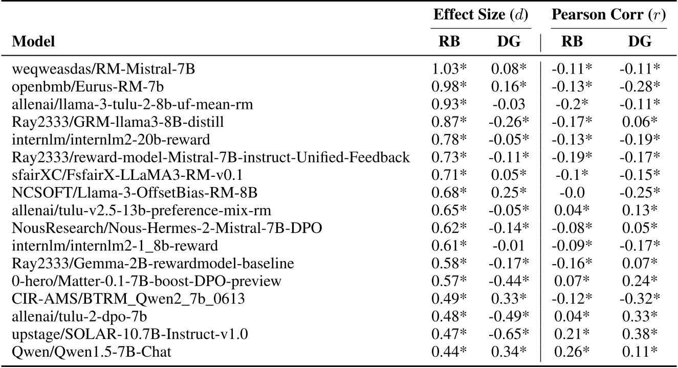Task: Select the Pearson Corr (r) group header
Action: tap(608, 14)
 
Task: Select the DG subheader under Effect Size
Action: tap(506, 41)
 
